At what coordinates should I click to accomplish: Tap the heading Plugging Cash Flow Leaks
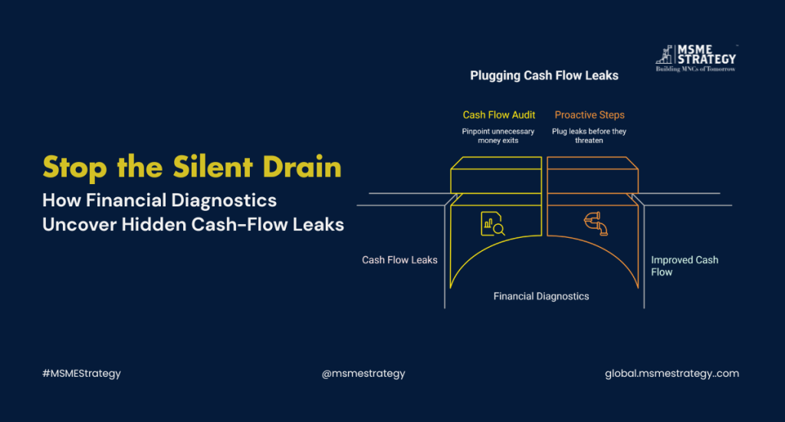coord(544,76)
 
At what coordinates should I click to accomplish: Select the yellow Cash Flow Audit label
coord(499,115)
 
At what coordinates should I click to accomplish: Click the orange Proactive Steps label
coord(590,115)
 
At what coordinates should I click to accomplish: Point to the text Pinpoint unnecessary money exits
coord(499,136)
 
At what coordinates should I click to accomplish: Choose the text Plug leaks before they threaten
coord(589,136)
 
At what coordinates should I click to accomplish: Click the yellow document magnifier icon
coord(492,223)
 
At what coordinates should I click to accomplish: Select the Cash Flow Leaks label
coord(399,260)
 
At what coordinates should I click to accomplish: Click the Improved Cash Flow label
coord(684,265)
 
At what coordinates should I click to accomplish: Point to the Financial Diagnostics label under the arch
coord(541,295)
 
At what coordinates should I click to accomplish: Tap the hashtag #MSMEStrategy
coord(81,374)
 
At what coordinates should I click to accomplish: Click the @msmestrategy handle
coord(363,374)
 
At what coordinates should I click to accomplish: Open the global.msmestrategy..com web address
coord(672,374)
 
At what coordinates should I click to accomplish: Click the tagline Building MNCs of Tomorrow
coord(695,68)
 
